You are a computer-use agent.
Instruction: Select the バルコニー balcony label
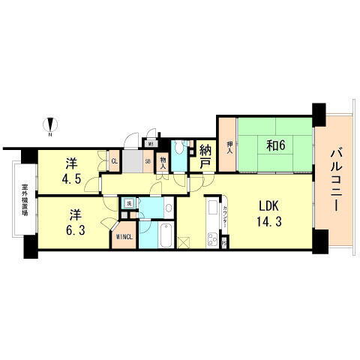pos(334,181)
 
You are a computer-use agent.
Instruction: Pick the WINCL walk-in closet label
pos(124,238)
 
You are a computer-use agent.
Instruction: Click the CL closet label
pos(115,160)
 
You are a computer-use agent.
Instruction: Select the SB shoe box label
pos(147,160)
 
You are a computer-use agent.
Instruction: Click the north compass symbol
pos(49,125)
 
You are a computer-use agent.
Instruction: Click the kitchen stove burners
pos(211,241)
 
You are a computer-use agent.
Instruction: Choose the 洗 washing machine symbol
pos(128,204)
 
